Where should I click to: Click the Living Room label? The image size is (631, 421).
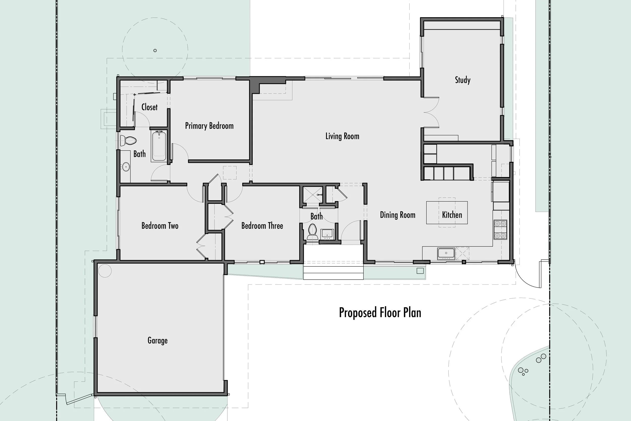pyautogui.click(x=342, y=136)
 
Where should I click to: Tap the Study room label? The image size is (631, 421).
pyautogui.click(x=462, y=80)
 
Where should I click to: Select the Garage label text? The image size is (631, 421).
pyautogui.click(x=157, y=340)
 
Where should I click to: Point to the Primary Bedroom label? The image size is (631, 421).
pyautogui.click(x=209, y=126)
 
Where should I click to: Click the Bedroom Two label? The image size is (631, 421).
pyautogui.click(x=160, y=226)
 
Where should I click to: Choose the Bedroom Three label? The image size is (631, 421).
pyautogui.click(x=262, y=226)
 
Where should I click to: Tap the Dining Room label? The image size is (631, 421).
pyautogui.click(x=398, y=215)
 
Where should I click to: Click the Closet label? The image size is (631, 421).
pyautogui.click(x=149, y=107)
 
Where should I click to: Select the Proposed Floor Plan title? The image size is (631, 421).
pyautogui.click(x=380, y=312)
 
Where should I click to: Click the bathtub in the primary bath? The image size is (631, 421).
pyautogui.click(x=159, y=146)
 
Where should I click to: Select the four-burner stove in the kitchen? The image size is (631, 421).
pyautogui.click(x=500, y=230)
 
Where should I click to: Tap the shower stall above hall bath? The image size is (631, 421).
pyautogui.click(x=312, y=195)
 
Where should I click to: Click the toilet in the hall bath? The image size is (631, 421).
pyautogui.click(x=312, y=232)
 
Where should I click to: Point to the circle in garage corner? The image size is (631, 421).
pyautogui.click(x=105, y=271)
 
